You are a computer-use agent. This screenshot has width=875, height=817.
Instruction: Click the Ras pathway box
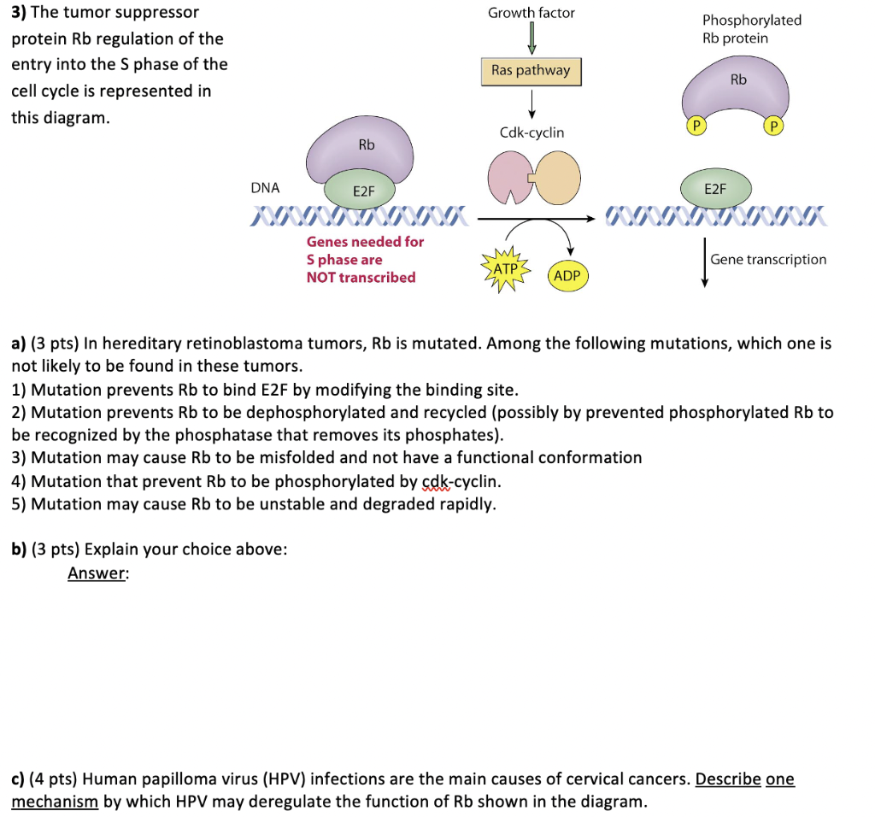531,71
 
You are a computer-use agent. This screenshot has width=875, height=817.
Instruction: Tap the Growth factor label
531,13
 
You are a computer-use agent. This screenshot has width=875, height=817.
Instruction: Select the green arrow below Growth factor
531,38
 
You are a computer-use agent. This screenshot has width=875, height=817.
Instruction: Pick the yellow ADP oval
567,275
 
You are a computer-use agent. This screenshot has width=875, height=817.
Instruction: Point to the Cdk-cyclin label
531,132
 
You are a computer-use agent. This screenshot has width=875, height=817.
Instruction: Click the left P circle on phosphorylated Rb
696,126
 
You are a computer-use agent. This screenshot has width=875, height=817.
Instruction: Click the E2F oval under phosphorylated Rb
715,189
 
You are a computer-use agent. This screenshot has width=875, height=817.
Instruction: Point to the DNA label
265,188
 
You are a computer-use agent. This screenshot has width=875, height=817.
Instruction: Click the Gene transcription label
768,259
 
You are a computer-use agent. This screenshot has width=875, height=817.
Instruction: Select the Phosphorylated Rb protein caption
751,29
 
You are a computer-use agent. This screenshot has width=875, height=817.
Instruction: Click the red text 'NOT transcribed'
361,277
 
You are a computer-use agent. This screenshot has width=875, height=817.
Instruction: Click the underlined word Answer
97,573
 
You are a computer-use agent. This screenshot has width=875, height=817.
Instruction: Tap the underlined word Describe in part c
728,779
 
